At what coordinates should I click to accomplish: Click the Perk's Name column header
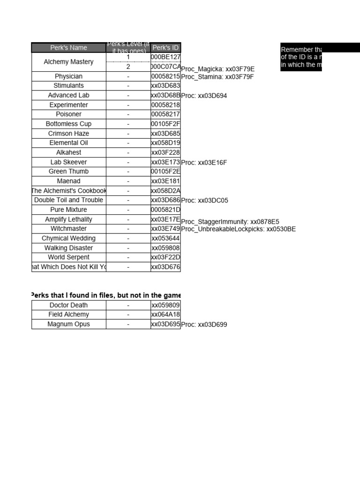pos(68,47)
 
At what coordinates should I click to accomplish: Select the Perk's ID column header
pos(165,47)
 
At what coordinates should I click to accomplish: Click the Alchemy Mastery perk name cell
pos(68,62)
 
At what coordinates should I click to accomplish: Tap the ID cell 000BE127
pos(165,57)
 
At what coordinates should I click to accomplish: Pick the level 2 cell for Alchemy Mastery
pos(128,67)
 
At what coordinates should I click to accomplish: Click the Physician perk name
pos(68,76)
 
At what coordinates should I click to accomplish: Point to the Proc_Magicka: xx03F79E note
pos(218,69)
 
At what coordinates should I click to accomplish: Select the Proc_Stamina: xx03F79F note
pos(217,77)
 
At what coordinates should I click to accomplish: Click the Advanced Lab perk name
pos(68,95)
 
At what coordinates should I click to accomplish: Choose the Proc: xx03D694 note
pos(204,96)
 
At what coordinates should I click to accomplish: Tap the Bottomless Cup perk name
pos(68,124)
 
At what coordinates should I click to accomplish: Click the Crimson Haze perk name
pos(68,134)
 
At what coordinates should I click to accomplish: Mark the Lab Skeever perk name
pos(68,162)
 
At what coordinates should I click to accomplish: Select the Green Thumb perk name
pos(68,172)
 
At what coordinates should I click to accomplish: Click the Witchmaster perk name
pos(68,229)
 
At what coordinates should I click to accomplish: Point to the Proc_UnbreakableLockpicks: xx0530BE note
pos(239,229)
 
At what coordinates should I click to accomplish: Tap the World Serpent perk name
pos(68,257)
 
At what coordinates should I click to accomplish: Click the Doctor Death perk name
pos(68,305)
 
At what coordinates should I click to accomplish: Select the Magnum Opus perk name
pos(68,324)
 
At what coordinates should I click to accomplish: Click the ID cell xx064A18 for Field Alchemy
pos(165,315)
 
